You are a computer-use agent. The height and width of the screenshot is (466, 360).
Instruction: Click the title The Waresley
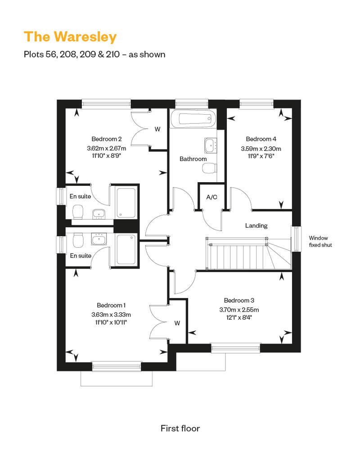tap(70, 37)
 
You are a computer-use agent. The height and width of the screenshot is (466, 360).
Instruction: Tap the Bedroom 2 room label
tap(106, 139)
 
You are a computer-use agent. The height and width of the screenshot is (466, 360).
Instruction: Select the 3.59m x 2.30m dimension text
tap(261, 148)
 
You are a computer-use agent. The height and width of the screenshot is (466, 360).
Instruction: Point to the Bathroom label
tap(193, 159)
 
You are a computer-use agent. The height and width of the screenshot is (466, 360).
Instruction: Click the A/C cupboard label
tap(211, 197)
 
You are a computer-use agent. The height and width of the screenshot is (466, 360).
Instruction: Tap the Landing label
tap(256, 225)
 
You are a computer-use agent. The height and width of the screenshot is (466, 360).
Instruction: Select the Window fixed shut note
tap(320, 241)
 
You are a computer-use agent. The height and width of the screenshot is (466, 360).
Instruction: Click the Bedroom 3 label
tap(239, 300)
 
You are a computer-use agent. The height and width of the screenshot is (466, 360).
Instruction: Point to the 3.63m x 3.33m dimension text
tap(111, 315)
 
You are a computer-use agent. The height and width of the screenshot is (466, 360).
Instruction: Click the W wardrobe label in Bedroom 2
tap(157, 129)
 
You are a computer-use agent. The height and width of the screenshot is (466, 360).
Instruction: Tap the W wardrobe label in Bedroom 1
tap(177, 323)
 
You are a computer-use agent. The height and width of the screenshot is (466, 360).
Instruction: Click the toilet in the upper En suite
tap(78, 211)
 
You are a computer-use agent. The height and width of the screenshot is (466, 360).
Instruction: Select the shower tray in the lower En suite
tap(126, 249)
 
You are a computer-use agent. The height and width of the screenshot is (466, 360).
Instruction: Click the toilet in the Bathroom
tap(209, 169)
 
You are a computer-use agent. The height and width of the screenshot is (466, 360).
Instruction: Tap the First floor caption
tap(180, 428)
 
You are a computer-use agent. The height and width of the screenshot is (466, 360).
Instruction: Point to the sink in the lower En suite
tap(99, 239)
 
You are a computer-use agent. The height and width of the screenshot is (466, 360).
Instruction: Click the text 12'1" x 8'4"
tap(239, 318)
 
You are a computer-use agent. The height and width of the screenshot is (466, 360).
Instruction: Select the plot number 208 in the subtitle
tap(68, 54)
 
